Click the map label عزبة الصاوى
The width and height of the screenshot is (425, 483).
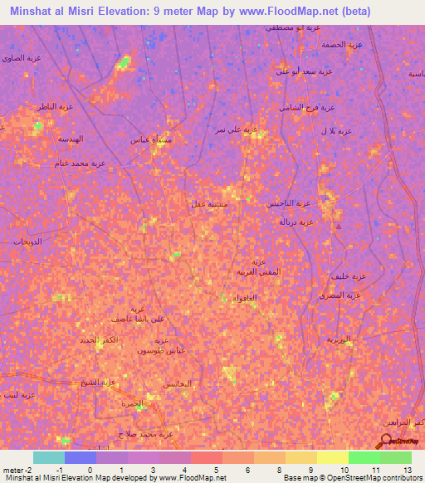(23, 58)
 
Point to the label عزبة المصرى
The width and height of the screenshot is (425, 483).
(339, 295)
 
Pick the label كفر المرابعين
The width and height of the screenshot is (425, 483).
(404, 423)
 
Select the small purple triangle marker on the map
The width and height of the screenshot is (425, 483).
(337, 226)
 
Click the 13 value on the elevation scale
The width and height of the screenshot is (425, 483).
(408, 470)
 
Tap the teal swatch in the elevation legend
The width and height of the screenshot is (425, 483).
(49, 457)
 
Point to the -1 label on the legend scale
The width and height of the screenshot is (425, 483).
(49, 470)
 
